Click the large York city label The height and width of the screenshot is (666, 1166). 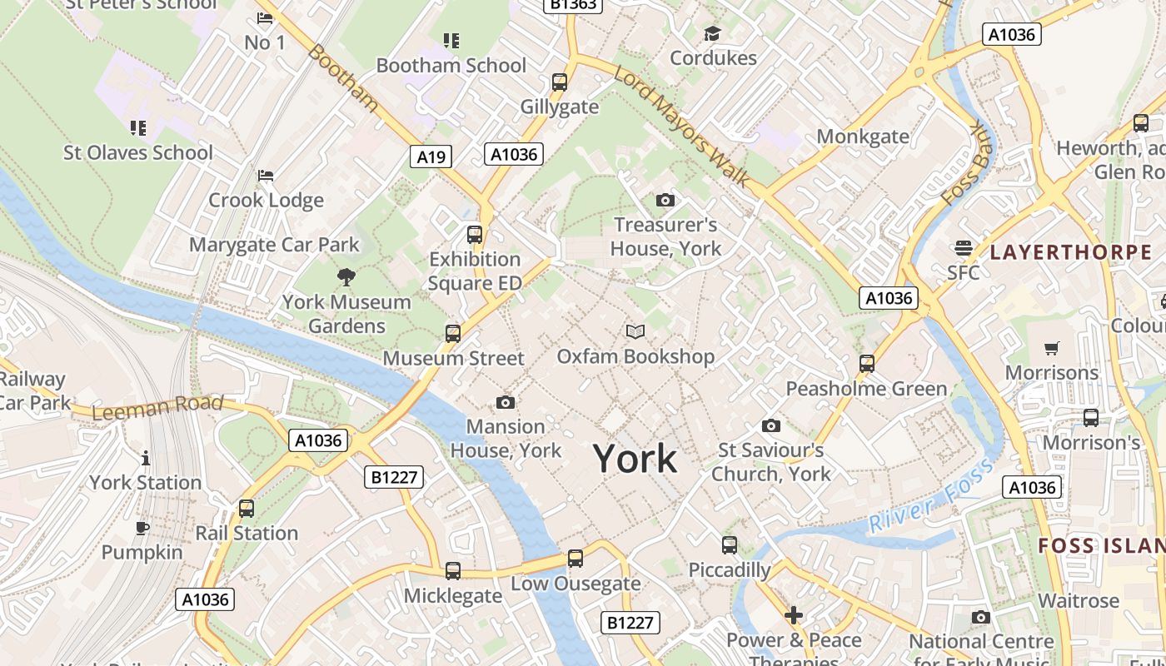(x=635, y=459)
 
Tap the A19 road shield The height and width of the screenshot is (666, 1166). (x=431, y=156)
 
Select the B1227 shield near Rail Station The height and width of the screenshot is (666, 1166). (x=394, y=477)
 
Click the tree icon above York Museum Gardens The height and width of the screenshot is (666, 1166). (x=346, y=277)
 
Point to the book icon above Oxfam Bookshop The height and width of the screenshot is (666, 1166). (x=635, y=332)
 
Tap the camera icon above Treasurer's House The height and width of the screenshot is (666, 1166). (x=665, y=200)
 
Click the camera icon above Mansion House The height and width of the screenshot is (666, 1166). (x=505, y=403)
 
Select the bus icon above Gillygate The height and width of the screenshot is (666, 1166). (x=560, y=82)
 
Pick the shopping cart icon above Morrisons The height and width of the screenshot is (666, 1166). (x=1052, y=348)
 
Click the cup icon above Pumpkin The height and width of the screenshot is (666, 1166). (x=142, y=528)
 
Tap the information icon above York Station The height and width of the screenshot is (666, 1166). (x=146, y=458)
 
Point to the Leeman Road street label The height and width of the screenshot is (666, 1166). (x=157, y=407)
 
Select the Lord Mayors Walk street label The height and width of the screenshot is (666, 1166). (x=682, y=126)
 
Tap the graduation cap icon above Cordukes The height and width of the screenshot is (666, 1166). (x=712, y=33)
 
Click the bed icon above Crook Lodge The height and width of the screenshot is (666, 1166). (x=266, y=176)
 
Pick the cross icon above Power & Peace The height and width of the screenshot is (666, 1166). (x=794, y=615)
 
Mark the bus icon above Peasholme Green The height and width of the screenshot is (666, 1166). (x=867, y=364)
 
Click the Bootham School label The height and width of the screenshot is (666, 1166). (x=451, y=65)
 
